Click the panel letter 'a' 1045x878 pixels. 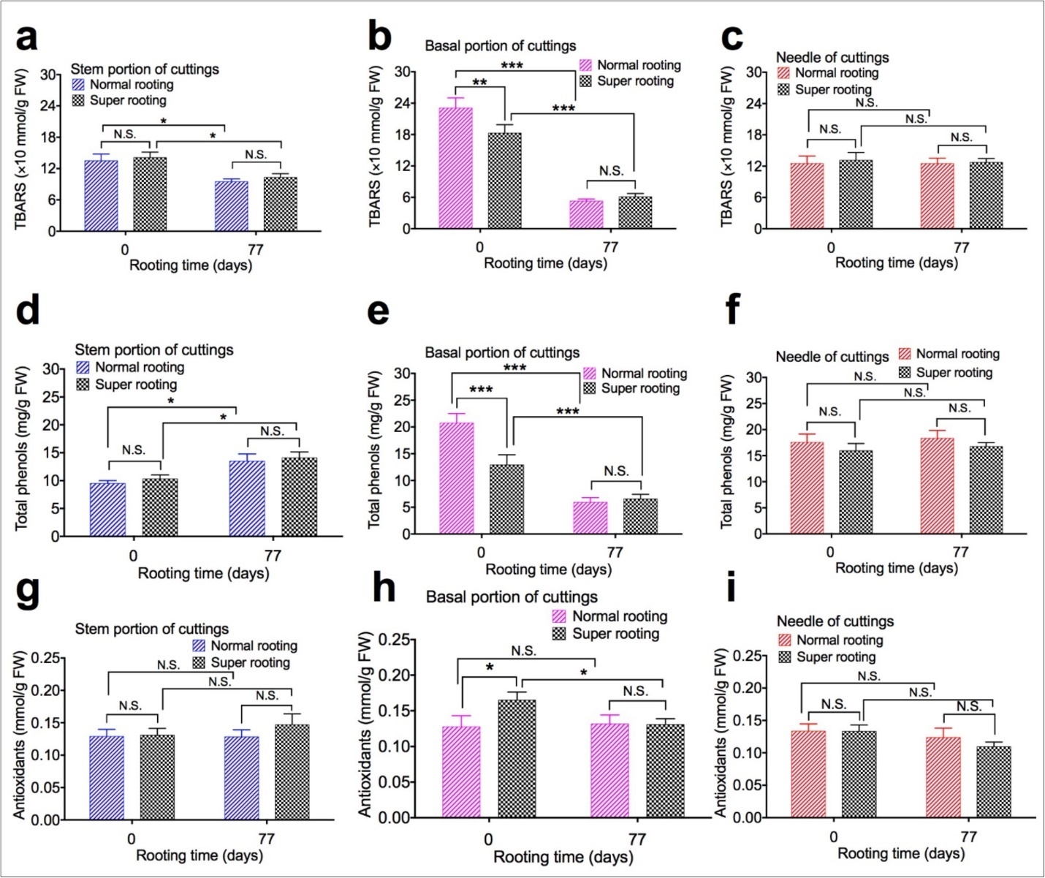pyautogui.click(x=26, y=38)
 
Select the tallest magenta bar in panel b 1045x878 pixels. pyautogui.click(x=455, y=168)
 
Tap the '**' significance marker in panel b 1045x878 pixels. pyautogui.click(x=479, y=83)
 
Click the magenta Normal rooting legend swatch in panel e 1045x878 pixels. pyautogui.click(x=589, y=374)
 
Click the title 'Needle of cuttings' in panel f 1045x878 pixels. pyautogui.click(x=832, y=357)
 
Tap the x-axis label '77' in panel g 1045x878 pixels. pyautogui.click(x=266, y=839)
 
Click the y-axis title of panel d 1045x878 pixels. pyautogui.click(x=21, y=450)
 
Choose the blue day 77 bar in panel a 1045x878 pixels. pyautogui.click(x=231, y=205)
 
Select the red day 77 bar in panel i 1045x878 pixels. pyautogui.click(x=943, y=777)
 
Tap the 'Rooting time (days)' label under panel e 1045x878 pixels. pyautogui.click(x=548, y=569)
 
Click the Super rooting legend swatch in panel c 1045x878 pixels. pyautogui.click(x=784, y=89)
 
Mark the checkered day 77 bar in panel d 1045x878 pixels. pyautogui.click(x=299, y=497)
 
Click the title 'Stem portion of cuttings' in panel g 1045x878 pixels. pyautogui.click(x=151, y=629)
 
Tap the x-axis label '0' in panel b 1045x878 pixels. pyautogui.click(x=479, y=247)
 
